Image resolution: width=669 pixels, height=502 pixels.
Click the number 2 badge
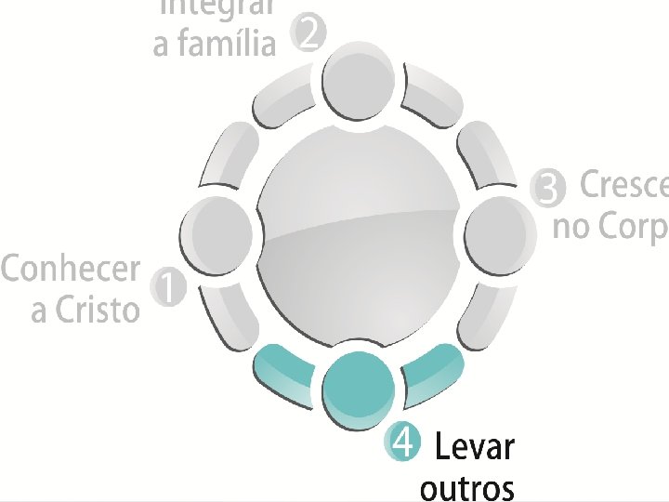click(x=310, y=36)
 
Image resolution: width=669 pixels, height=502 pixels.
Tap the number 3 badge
click(x=548, y=189)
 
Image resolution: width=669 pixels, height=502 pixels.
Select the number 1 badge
click(x=168, y=287)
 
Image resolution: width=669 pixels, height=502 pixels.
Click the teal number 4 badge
click(x=401, y=443)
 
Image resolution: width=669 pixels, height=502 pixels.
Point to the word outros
click(x=466, y=488)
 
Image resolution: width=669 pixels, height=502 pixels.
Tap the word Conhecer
click(x=71, y=270)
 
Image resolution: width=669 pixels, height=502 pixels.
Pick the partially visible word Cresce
click(x=623, y=185)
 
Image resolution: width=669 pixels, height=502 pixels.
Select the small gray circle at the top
click(x=359, y=81)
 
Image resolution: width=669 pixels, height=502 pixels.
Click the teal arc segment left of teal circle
click(x=283, y=372)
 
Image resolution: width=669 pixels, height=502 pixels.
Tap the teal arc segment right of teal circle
click(x=431, y=371)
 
